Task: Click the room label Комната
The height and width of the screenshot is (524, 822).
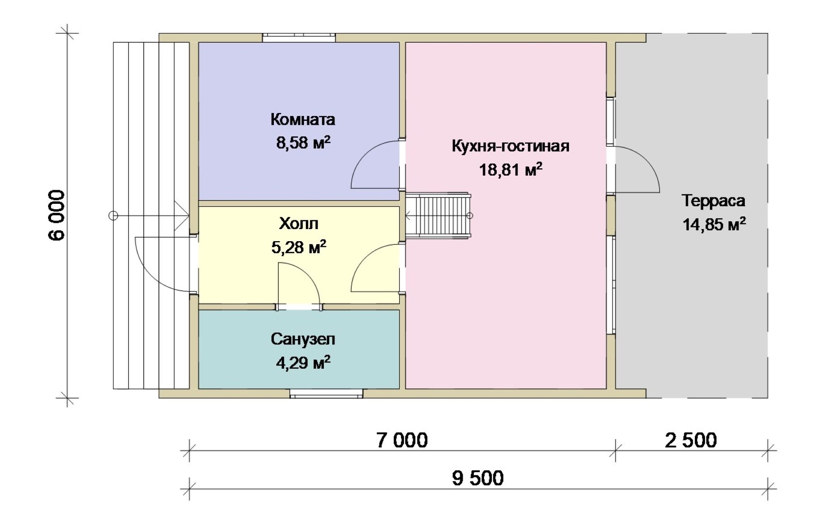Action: (303, 119)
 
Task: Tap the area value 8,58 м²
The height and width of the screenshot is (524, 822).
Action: (303, 142)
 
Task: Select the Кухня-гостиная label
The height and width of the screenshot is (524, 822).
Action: (510, 146)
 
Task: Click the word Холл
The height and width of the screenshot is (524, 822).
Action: (298, 223)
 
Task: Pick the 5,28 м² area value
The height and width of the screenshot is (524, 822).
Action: (298, 247)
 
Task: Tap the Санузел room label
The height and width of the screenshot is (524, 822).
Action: (303, 339)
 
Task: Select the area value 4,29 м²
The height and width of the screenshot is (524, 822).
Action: (303, 362)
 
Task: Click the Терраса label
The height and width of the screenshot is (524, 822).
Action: (713, 201)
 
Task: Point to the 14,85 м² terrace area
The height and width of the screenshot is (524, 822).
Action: (714, 224)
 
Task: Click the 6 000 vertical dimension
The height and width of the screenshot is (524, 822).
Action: (56, 215)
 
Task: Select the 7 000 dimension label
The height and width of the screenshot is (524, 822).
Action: (402, 441)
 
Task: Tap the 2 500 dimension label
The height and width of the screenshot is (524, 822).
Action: (690, 441)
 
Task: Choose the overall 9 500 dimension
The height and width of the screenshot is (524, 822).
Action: (478, 478)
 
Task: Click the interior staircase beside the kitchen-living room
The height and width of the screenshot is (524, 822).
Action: (438, 215)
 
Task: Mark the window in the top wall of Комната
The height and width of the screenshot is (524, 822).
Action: (299, 38)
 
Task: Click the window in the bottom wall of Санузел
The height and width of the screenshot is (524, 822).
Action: (326, 393)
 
